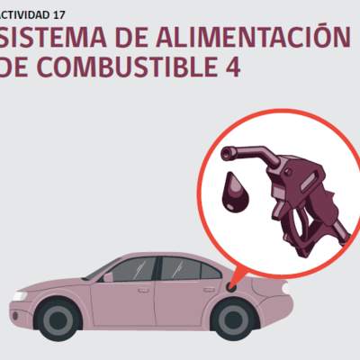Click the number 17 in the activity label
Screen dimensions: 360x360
(x=58, y=15)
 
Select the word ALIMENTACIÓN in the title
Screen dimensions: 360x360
(x=253, y=37)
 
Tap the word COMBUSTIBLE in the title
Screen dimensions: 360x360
(x=128, y=67)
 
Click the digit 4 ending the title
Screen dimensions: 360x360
(x=231, y=67)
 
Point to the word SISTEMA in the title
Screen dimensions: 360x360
(x=53, y=38)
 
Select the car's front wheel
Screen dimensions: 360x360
(x=58, y=319)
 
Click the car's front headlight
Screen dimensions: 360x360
(x=20, y=296)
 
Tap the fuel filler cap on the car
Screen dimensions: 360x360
(x=231, y=286)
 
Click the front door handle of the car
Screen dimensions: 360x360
(x=144, y=291)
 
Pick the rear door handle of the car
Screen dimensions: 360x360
(x=209, y=290)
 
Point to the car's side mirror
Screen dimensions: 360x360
(x=107, y=277)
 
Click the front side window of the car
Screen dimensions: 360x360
(x=132, y=270)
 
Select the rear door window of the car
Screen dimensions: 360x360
(x=181, y=268)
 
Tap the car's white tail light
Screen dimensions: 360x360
(x=285, y=289)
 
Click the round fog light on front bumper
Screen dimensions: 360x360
(x=15, y=316)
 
